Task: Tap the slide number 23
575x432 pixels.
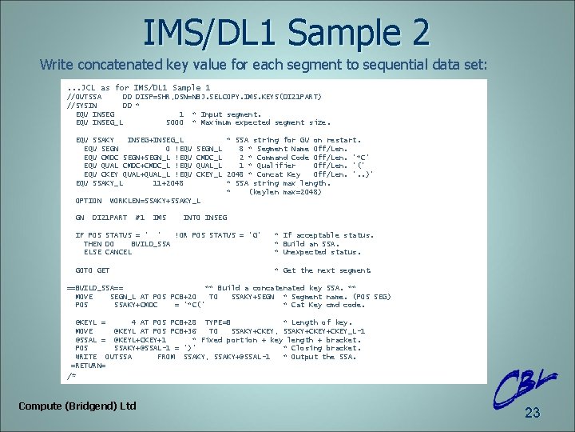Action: click(x=533, y=413)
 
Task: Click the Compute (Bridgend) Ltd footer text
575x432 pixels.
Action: click(x=77, y=406)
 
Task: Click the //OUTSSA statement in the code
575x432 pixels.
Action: click(x=85, y=97)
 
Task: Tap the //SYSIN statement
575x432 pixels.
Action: click(x=82, y=106)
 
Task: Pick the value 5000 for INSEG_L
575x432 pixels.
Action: click(x=174, y=122)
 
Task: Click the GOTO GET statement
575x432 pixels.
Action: click(x=93, y=270)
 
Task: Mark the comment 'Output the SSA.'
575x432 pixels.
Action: click(x=323, y=357)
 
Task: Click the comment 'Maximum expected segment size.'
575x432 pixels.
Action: click(x=264, y=122)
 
